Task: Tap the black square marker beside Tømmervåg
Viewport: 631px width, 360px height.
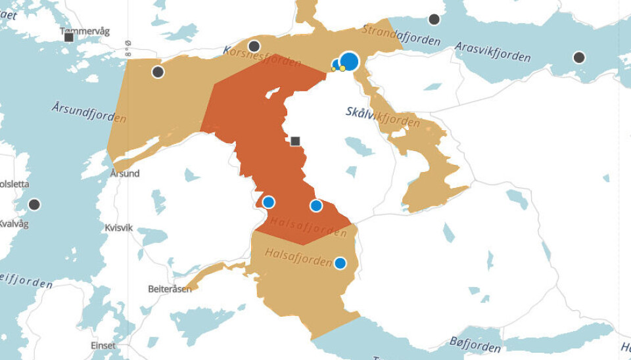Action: click(x=69, y=37)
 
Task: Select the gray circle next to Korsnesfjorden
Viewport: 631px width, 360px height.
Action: click(x=254, y=46)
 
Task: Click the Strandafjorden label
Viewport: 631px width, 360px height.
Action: click(x=401, y=35)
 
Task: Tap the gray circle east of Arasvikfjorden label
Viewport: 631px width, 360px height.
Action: click(x=578, y=57)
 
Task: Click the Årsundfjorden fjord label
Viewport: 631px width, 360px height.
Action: click(x=89, y=112)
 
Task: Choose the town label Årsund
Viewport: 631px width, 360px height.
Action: click(x=125, y=173)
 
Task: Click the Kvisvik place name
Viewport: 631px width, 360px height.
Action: click(x=119, y=227)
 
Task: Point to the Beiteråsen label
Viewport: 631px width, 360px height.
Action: click(x=170, y=289)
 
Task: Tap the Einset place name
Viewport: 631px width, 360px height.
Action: click(x=103, y=346)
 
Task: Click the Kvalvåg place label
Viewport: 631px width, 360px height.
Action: click(x=14, y=223)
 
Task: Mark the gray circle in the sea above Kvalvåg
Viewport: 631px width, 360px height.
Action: click(x=34, y=204)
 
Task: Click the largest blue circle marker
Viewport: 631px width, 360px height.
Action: click(x=350, y=61)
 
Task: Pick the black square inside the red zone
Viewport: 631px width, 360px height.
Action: click(x=296, y=141)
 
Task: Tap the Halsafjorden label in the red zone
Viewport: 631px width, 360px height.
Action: click(x=308, y=227)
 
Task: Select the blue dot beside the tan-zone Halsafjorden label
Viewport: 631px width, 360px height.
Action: click(x=340, y=263)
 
